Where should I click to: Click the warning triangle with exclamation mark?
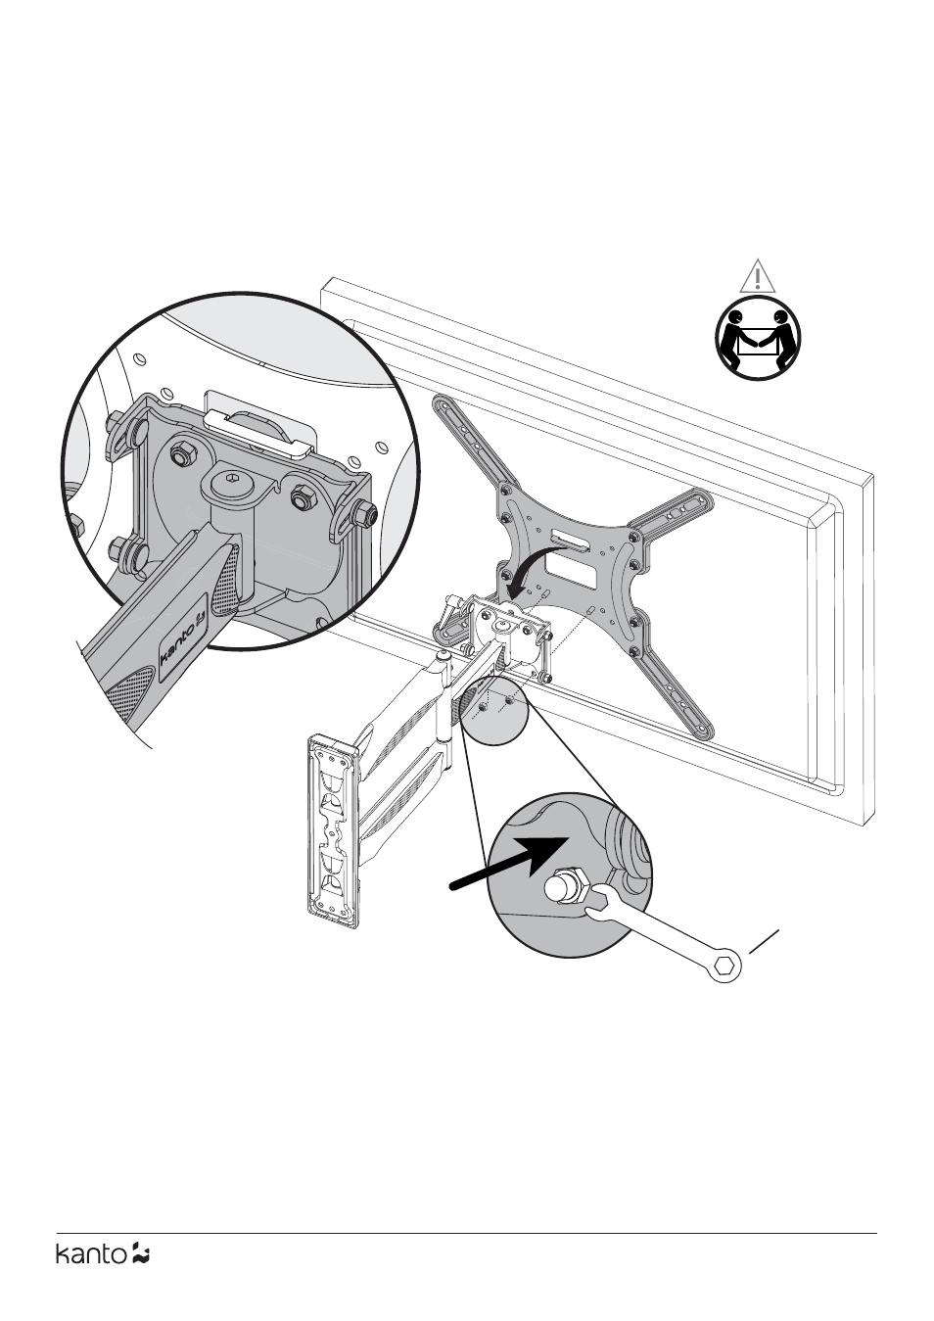[x=757, y=276]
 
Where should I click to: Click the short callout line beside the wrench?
[x=765, y=941]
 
